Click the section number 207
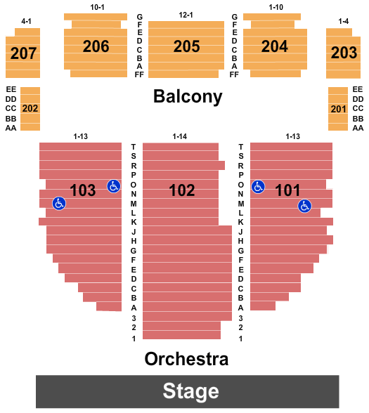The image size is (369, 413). click(x=23, y=53)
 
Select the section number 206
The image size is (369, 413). click(x=96, y=46)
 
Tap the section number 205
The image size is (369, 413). click(x=187, y=46)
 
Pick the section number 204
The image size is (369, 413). click(x=275, y=46)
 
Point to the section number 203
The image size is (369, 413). click(x=344, y=53)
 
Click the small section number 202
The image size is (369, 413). click(x=30, y=108)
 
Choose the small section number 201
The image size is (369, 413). click(x=338, y=109)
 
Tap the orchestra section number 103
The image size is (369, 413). click(x=83, y=190)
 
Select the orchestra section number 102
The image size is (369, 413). click(x=182, y=190)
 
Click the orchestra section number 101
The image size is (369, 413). click(x=287, y=190)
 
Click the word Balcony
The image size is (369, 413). click(x=188, y=97)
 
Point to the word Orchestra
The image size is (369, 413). click(x=186, y=359)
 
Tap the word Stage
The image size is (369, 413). click(x=191, y=391)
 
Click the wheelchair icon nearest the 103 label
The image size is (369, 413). click(x=114, y=186)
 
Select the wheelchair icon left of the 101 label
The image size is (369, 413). click(x=258, y=187)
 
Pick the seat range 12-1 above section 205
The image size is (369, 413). click(x=186, y=15)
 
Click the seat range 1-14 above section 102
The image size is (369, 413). click(x=180, y=136)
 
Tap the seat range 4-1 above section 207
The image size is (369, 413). click(x=26, y=21)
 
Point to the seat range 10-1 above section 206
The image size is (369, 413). click(x=97, y=7)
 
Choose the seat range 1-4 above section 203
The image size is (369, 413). click(x=344, y=21)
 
